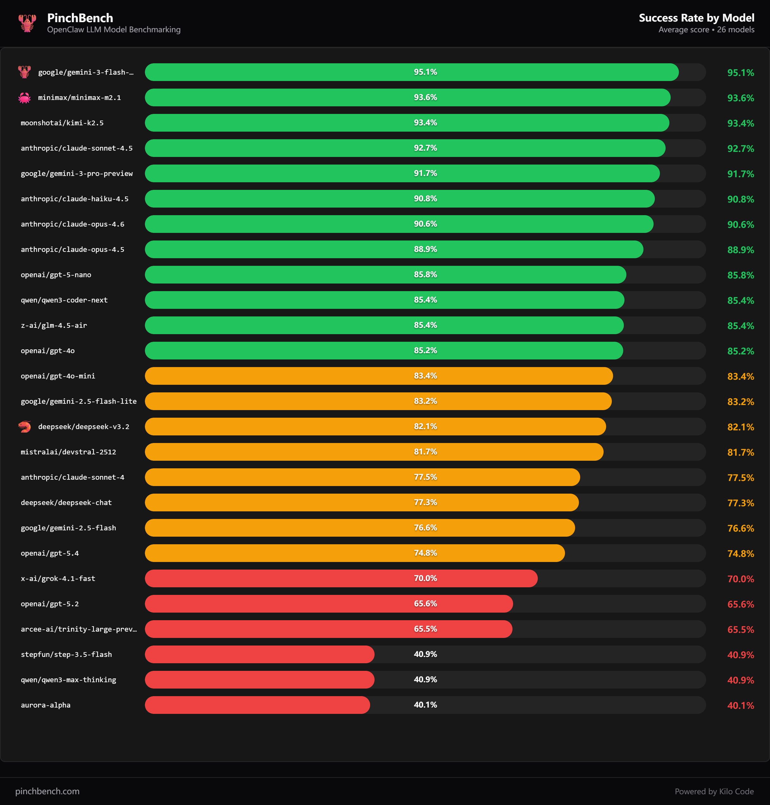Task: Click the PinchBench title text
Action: point(80,18)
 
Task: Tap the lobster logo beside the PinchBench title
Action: point(27,23)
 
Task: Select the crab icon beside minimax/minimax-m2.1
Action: point(25,98)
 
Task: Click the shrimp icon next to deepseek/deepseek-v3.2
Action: point(25,427)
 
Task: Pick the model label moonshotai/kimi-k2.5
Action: point(62,123)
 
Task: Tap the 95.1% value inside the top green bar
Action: point(425,72)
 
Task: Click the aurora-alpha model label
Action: point(46,705)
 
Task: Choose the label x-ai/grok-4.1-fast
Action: point(58,579)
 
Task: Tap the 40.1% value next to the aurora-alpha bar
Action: point(425,705)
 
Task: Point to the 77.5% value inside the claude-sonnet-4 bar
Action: point(425,477)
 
